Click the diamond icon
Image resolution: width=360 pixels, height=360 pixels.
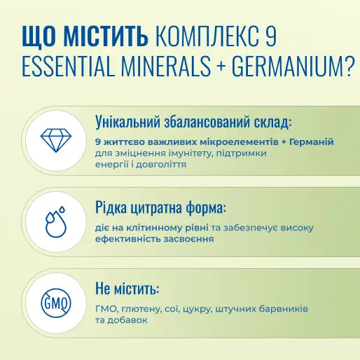(55, 140)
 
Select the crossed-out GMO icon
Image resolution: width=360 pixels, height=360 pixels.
(55, 304)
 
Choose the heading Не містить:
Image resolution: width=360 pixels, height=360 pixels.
(127, 289)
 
